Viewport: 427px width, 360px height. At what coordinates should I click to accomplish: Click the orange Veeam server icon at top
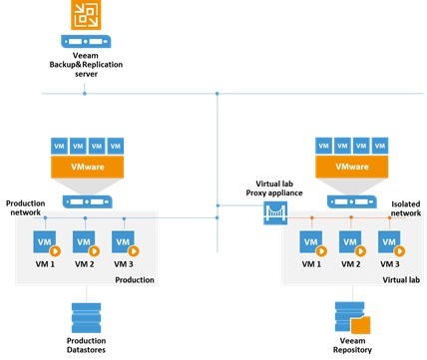pyautogui.click(x=85, y=16)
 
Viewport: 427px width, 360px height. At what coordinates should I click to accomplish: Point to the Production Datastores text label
pyautogui.click(x=85, y=345)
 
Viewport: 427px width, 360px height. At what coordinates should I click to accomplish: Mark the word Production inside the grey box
pyautogui.click(x=135, y=280)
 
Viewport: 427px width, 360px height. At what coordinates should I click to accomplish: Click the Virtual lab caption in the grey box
pyautogui.click(x=394, y=280)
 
